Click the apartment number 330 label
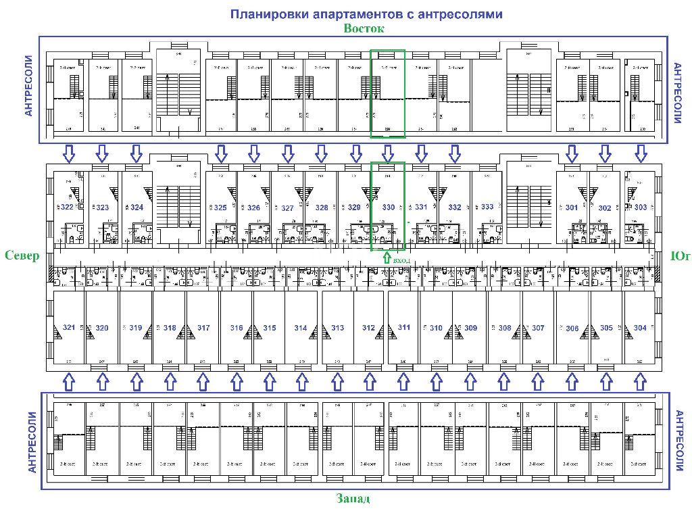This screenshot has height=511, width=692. point(389,208)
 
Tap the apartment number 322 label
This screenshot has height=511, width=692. point(67,208)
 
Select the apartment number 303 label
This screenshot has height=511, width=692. point(639,208)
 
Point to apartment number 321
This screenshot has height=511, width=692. point(68,328)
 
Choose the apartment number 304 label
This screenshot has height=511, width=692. point(640,328)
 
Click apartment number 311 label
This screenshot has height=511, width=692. point(403,327)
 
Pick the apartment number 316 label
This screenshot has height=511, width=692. point(236,328)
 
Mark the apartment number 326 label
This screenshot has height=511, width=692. point(253,208)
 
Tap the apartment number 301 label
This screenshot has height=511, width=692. point(572,208)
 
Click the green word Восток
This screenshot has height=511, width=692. point(364,28)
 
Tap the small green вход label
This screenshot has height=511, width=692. point(401,260)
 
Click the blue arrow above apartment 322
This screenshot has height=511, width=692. point(68,153)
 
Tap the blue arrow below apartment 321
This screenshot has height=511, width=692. point(68,383)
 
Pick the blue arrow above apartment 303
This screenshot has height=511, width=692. point(639,153)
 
